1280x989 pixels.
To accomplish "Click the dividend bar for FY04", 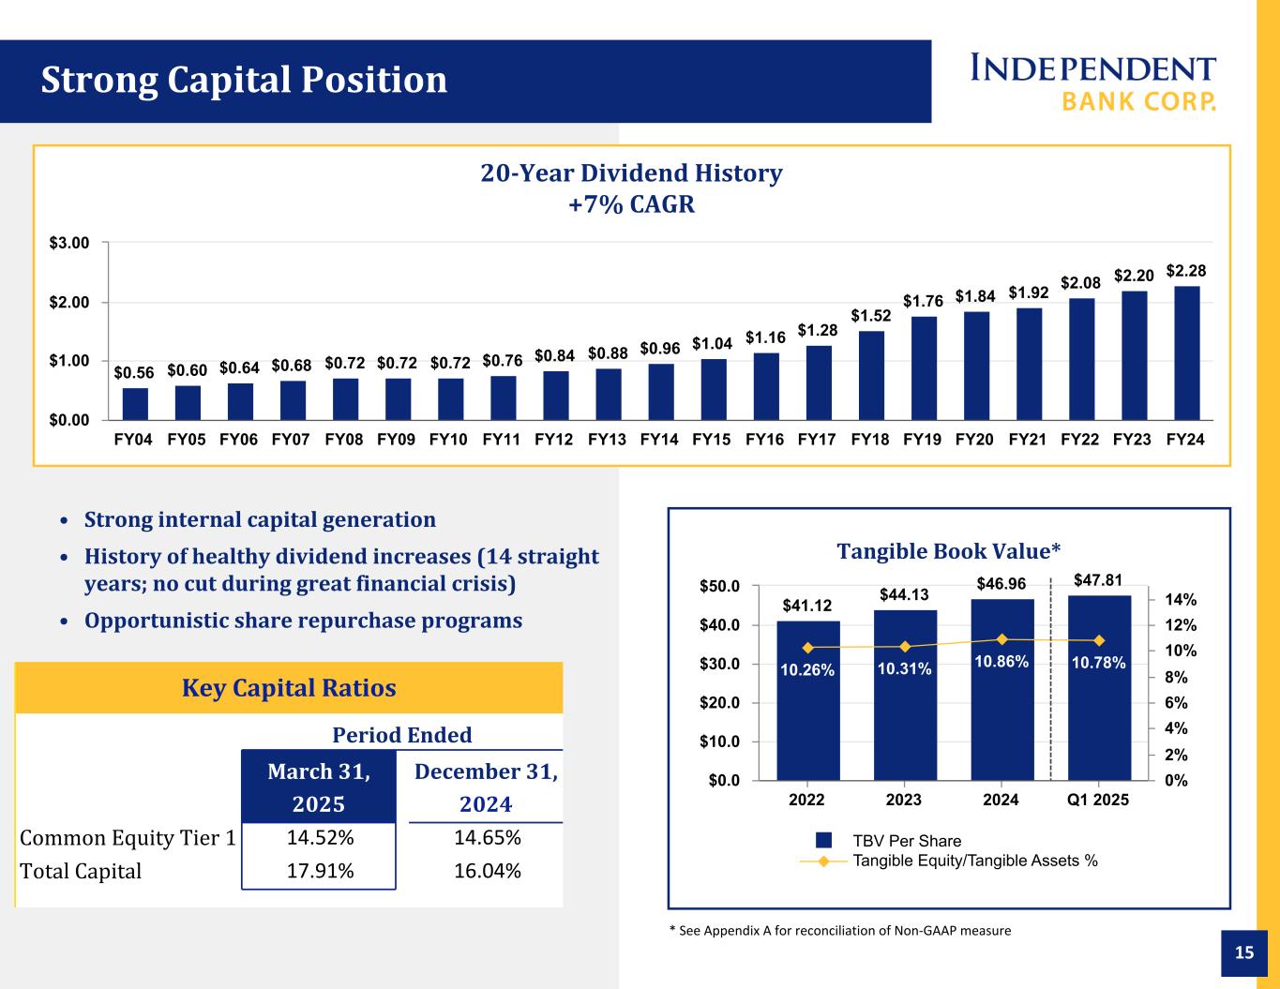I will (x=135, y=404).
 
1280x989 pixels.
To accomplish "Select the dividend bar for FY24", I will (x=1187, y=352).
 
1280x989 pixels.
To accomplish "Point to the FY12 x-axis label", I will (x=555, y=440).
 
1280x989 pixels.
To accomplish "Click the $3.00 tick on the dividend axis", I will (x=70, y=243).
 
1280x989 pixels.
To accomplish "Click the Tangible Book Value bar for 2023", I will (x=905, y=695).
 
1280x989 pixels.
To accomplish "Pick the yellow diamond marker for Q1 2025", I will (x=1099, y=640).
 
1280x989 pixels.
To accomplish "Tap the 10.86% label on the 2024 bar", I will (x=1001, y=662).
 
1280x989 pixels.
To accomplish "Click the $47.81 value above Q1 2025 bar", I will (x=1099, y=580).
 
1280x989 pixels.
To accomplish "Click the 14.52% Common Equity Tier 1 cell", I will (x=319, y=837).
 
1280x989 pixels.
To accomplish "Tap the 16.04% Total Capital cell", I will (x=487, y=871).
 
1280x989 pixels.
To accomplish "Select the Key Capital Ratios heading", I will (x=289, y=688).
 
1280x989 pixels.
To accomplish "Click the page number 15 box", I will (x=1244, y=953).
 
